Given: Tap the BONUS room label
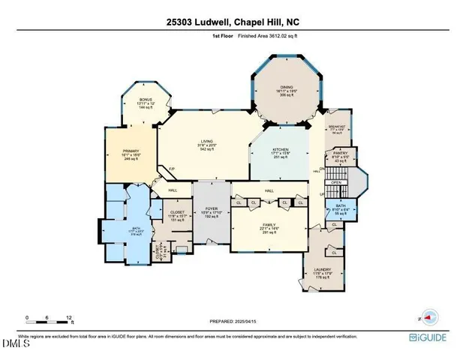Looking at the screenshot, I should point(145,100).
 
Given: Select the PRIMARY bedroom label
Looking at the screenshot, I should point(132,151).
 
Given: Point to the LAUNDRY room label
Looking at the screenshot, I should point(322,271).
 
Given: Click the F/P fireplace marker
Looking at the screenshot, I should point(171,169).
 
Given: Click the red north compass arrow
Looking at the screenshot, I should point(430,316).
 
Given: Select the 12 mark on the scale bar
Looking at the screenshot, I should point(69,317).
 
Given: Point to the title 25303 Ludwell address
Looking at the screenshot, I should point(233,22).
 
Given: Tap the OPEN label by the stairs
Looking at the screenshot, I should point(337,181).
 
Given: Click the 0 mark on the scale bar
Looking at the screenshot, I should point(27,317).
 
